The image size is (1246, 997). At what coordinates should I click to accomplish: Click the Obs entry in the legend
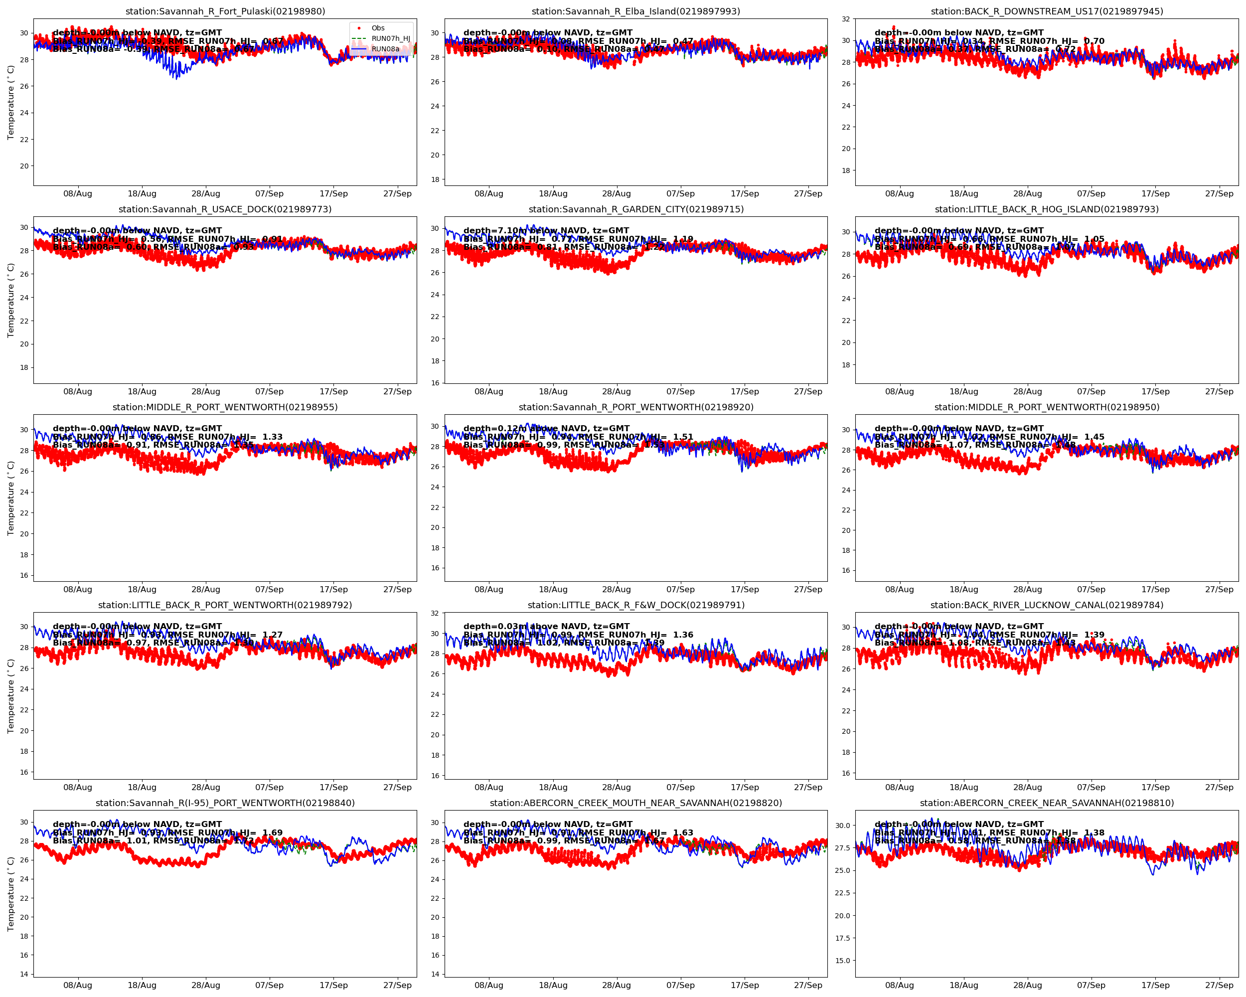tap(378, 28)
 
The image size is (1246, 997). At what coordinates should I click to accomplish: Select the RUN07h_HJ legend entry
tap(390, 39)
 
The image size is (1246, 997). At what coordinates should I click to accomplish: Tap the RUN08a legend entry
tap(385, 49)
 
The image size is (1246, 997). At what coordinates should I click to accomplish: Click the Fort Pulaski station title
tap(225, 11)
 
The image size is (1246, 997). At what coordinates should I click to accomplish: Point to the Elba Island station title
tap(636, 11)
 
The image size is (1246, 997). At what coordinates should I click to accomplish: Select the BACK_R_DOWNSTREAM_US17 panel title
tap(1047, 11)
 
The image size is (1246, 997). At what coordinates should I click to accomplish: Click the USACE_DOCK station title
tap(225, 209)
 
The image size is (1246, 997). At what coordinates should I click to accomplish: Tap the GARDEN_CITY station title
tap(636, 209)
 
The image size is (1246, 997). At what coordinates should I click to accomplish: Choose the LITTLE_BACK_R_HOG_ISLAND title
tap(1047, 209)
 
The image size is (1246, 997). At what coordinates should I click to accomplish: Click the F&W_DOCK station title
tap(636, 605)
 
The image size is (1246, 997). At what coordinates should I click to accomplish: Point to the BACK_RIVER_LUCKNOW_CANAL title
tap(1047, 605)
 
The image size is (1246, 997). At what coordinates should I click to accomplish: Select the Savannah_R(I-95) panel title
tap(225, 803)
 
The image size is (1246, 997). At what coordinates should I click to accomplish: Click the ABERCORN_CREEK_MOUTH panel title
tap(636, 803)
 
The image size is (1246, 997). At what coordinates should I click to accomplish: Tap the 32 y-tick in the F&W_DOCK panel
tap(435, 613)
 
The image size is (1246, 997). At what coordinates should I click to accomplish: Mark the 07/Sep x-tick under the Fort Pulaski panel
tap(269, 193)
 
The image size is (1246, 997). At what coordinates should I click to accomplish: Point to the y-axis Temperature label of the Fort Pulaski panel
tap(10, 102)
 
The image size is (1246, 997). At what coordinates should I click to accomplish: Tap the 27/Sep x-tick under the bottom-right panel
tap(1219, 986)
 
